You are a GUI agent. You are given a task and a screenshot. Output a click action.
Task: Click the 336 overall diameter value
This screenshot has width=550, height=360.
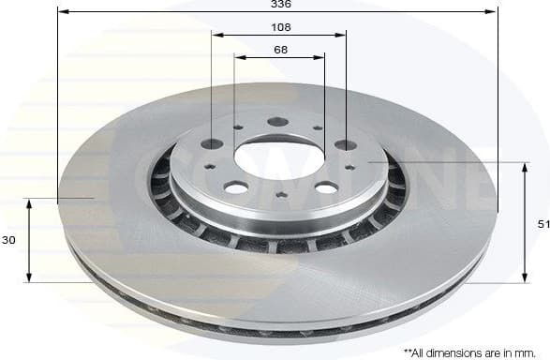coord(278,5)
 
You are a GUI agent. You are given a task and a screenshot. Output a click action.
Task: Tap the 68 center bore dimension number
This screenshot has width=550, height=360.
coord(279,50)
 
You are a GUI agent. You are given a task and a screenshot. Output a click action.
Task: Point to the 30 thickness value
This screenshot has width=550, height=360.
coord(9,241)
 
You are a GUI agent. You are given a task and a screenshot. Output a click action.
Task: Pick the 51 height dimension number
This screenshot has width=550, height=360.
coord(542,224)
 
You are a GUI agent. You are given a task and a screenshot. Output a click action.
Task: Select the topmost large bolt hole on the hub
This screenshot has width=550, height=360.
coord(277,122)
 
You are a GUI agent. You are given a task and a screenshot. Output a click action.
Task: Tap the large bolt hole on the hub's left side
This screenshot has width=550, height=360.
coord(213,144)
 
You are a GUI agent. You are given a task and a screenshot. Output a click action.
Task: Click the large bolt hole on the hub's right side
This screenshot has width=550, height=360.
coord(345,145)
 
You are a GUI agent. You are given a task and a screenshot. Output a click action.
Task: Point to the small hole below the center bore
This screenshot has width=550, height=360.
coord(279,195)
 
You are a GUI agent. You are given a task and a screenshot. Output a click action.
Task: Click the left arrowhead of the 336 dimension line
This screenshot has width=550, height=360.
coord(62,12)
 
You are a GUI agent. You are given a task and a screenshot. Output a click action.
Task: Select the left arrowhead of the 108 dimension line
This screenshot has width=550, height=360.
coord(216,36)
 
